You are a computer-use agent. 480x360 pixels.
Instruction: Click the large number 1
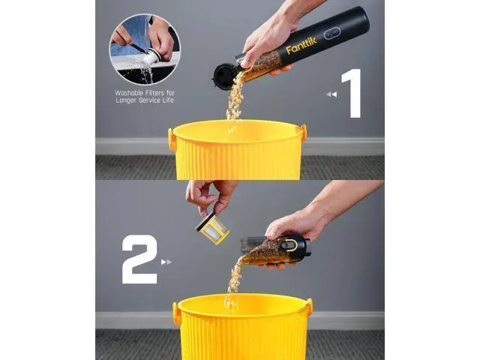click(x=352, y=93)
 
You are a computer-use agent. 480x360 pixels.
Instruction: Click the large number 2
click(x=139, y=259)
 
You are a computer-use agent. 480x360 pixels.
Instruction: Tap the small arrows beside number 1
click(x=331, y=94)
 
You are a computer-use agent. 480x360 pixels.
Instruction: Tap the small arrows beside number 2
click(x=166, y=262)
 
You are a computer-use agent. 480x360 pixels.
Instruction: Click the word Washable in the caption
click(x=127, y=93)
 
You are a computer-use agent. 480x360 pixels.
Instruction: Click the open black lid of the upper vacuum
click(x=224, y=76)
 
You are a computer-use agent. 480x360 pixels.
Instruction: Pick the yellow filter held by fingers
click(x=213, y=228)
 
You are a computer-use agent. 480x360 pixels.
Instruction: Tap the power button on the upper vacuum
click(x=331, y=33)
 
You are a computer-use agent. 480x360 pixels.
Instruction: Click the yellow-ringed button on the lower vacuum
click(x=289, y=245)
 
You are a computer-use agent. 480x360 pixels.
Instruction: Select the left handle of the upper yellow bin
click(x=172, y=139)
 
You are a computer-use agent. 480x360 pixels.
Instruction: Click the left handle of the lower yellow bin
click(x=177, y=313)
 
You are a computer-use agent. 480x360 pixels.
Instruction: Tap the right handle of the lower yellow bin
click(x=310, y=307)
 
